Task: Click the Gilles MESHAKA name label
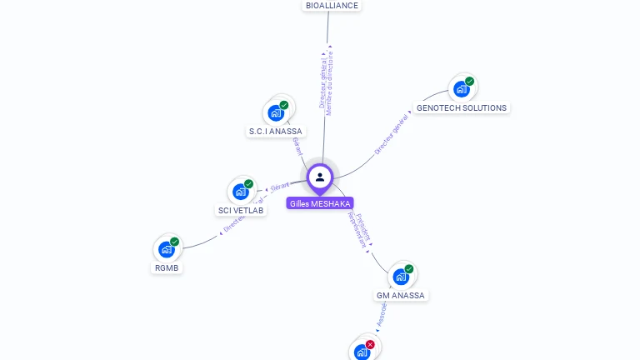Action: [x=320, y=203]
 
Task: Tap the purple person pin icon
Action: [x=320, y=177]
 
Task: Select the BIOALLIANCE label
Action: [x=332, y=6]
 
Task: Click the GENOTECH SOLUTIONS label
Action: [x=461, y=108]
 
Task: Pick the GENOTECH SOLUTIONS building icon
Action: [x=461, y=89]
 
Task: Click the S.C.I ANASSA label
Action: [x=276, y=132]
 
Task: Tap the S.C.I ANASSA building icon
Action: [x=276, y=112]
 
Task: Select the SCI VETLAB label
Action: [x=241, y=211]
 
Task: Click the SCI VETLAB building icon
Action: [x=241, y=192]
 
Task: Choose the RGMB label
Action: [x=167, y=268]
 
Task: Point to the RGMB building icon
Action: [x=167, y=249]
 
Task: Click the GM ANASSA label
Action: [x=401, y=296]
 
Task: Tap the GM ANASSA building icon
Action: [x=401, y=276]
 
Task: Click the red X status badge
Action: [x=371, y=344]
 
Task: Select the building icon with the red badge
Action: [x=362, y=352]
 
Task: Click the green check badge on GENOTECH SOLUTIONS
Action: [x=470, y=81]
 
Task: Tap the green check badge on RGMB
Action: [x=175, y=241]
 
